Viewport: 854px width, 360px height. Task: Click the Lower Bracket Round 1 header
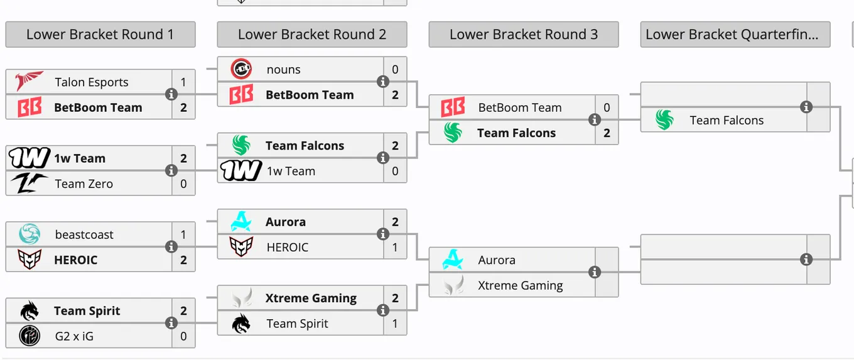(x=100, y=35)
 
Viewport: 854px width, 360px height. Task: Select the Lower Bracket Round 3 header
(x=524, y=35)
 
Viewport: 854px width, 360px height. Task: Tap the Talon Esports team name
(x=92, y=82)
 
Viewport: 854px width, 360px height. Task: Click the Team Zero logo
(x=29, y=183)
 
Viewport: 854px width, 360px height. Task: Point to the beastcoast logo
(x=30, y=234)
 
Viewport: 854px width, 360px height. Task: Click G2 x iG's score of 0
(x=183, y=336)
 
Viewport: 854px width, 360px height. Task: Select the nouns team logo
(x=241, y=69)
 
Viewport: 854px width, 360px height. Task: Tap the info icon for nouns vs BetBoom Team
(x=383, y=82)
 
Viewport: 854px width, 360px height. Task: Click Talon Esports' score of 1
(x=183, y=82)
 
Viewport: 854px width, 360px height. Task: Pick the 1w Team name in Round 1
(x=80, y=158)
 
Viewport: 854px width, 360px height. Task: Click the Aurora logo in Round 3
(x=453, y=259)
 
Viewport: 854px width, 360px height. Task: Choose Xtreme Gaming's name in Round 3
(x=521, y=285)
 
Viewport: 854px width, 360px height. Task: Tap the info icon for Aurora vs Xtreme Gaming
(x=595, y=272)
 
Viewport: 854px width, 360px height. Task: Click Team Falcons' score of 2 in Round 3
(x=607, y=133)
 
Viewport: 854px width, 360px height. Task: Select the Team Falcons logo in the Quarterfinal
(x=664, y=120)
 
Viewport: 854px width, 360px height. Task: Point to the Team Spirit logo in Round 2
(x=241, y=323)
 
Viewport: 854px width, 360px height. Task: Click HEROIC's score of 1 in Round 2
(x=395, y=247)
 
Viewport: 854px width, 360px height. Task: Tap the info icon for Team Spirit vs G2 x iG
(x=171, y=323)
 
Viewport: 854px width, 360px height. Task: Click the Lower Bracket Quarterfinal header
(x=735, y=35)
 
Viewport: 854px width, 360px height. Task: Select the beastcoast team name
(x=84, y=234)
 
